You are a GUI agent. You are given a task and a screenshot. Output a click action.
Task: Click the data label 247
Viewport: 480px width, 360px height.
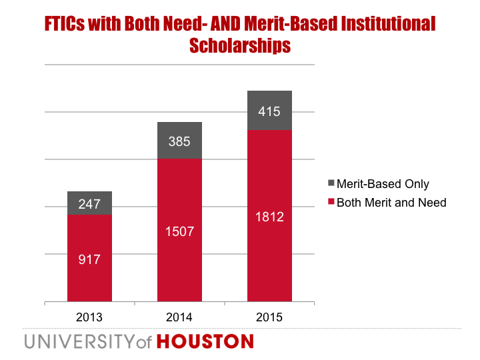click(89, 205)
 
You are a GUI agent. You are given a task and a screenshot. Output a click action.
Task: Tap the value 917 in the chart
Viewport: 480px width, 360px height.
click(89, 259)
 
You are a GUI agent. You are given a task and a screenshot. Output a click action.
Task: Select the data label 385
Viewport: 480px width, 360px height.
click(179, 141)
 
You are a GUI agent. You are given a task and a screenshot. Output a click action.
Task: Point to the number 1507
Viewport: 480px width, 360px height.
click(179, 231)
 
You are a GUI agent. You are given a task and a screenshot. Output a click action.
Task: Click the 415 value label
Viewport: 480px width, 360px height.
click(269, 111)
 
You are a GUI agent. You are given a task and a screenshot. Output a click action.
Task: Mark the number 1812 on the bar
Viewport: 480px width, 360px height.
click(269, 217)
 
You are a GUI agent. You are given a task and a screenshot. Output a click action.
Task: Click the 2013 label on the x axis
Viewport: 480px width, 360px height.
click(89, 317)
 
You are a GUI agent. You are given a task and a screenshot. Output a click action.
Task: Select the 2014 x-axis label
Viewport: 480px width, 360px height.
click(179, 317)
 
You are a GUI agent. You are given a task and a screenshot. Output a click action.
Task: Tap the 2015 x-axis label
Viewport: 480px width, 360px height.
click(269, 317)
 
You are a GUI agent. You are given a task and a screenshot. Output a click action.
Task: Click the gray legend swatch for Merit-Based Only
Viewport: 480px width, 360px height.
click(331, 184)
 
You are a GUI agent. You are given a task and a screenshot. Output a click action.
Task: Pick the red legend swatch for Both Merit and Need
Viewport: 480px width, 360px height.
click(331, 202)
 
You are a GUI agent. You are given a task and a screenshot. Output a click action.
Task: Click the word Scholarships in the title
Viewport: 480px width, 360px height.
click(240, 46)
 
